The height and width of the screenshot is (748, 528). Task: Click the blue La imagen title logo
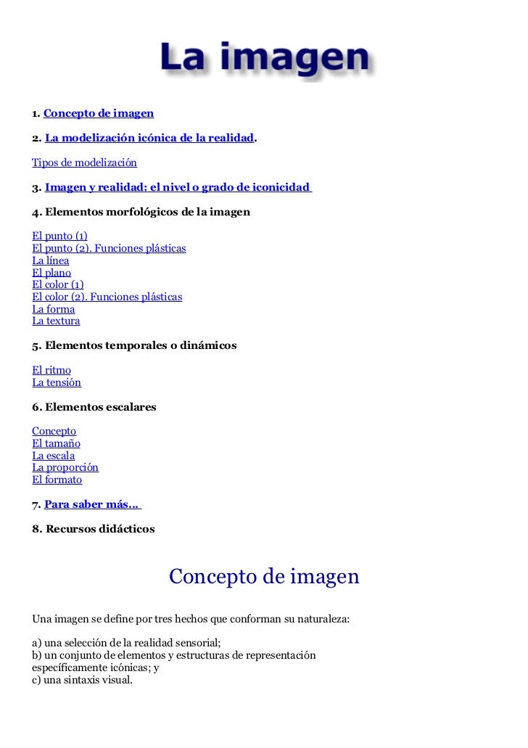(264, 59)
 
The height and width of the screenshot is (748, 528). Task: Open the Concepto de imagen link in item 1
(99, 113)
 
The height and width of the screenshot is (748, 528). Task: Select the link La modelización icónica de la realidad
(149, 138)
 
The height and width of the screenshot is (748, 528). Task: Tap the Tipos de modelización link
(84, 163)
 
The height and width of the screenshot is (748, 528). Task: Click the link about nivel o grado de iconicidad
(177, 187)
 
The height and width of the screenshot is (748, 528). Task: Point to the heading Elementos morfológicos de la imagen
(141, 212)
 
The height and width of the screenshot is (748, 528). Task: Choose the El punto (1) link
(59, 237)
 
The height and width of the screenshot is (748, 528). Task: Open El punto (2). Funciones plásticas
(109, 248)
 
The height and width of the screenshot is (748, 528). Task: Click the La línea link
(51, 260)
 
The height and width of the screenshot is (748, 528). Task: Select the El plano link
(51, 273)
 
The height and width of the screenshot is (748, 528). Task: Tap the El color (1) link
(58, 284)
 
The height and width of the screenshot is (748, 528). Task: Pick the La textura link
(56, 321)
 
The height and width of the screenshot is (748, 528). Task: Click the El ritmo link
(51, 370)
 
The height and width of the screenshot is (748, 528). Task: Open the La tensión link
(57, 382)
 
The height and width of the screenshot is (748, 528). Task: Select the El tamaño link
(56, 443)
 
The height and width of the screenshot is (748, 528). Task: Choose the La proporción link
(65, 467)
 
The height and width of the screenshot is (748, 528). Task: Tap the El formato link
(57, 480)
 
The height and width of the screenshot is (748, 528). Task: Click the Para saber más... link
(92, 504)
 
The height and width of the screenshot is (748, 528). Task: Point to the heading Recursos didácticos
(94, 529)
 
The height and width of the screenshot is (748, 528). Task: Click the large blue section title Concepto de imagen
(264, 577)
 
